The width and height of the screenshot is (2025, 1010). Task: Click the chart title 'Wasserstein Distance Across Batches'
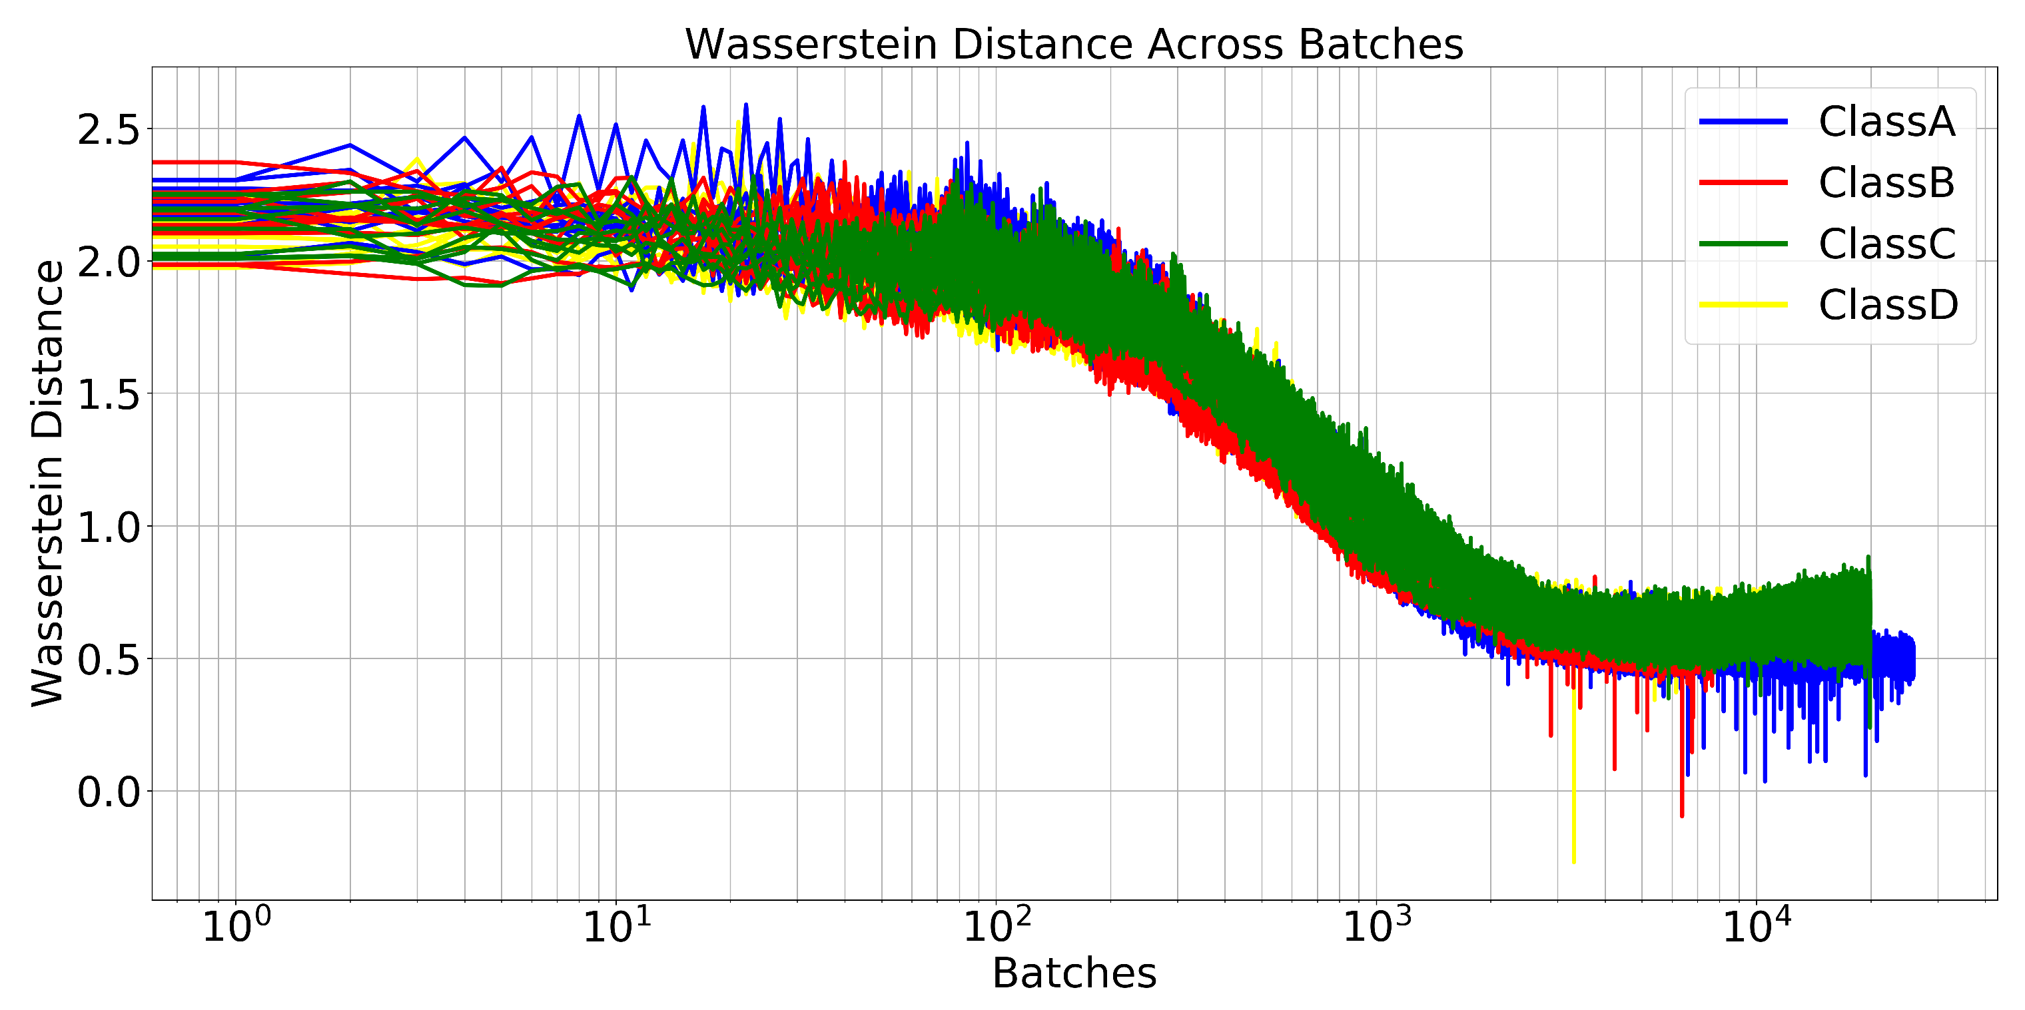pyautogui.click(x=1074, y=44)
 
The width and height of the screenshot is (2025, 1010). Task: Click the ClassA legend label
pyautogui.click(x=1886, y=122)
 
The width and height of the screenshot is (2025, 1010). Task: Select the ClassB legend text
pyautogui.click(x=1886, y=182)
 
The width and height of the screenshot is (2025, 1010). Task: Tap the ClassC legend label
pyautogui.click(x=1886, y=244)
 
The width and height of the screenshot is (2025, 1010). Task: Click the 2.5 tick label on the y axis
pyautogui.click(x=108, y=130)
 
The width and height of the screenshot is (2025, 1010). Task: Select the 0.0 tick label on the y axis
pyautogui.click(x=108, y=792)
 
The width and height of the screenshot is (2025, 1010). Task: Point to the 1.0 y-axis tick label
pyautogui.click(x=108, y=527)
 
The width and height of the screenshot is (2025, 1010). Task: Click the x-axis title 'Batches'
pyautogui.click(x=1074, y=974)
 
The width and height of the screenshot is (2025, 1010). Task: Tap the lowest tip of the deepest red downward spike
pyautogui.click(x=1681, y=815)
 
